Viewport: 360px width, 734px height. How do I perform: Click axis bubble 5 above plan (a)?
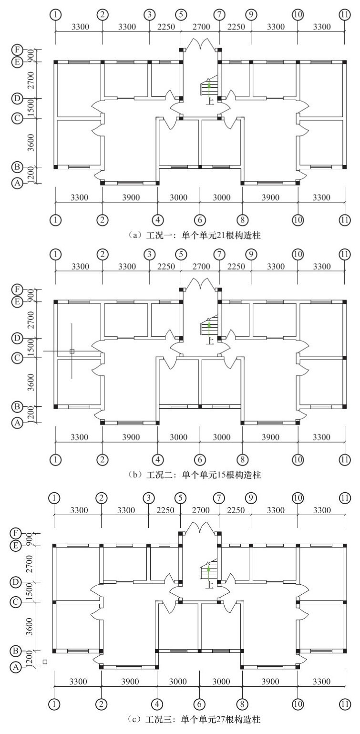click(181, 15)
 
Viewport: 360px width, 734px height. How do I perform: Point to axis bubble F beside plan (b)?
click(17, 289)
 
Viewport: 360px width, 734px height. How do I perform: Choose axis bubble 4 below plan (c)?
click(157, 704)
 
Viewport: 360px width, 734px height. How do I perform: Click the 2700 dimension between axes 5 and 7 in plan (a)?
click(201, 27)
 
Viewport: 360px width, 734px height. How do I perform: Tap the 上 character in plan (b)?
click(210, 341)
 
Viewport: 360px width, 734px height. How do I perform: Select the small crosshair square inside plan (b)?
click(72, 351)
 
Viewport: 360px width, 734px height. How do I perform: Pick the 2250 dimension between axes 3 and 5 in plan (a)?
click(166, 27)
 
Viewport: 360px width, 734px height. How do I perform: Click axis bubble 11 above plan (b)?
click(345, 255)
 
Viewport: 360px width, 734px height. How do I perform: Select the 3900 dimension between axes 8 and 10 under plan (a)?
click(270, 197)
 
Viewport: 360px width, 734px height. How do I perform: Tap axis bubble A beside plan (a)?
click(17, 184)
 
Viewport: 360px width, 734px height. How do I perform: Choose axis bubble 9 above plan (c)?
click(251, 498)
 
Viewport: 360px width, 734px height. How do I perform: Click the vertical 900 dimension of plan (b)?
click(31, 296)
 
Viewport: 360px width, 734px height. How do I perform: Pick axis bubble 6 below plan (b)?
click(200, 460)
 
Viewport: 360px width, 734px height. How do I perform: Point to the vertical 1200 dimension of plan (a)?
click(31, 176)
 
